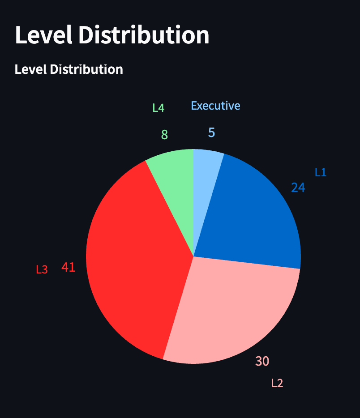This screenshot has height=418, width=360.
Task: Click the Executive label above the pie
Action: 215,106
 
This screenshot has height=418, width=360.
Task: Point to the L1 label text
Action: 321,172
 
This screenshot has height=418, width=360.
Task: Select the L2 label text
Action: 277,383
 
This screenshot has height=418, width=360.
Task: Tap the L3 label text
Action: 42,269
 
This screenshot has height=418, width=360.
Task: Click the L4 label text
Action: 159,108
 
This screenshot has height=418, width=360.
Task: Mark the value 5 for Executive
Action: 212,132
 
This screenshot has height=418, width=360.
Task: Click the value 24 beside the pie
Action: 298,188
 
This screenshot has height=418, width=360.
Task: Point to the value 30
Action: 262,361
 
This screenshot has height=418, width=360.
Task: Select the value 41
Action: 69,267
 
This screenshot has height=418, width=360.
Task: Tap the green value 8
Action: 164,135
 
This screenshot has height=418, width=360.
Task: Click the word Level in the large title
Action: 43,35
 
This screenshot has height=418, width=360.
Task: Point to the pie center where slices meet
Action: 193,256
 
